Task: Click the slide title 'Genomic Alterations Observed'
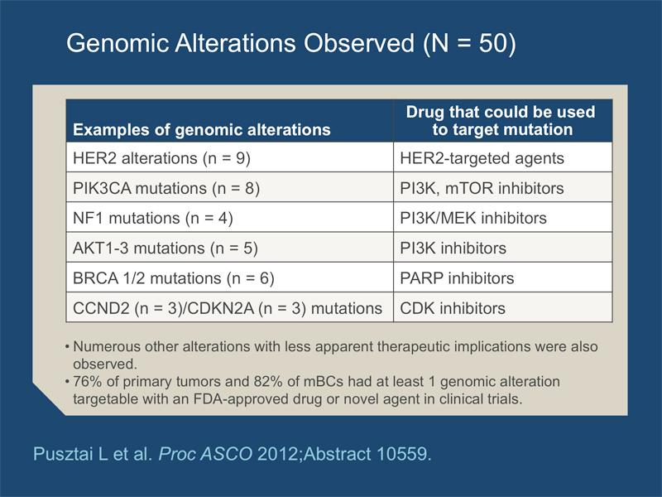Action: [240, 43]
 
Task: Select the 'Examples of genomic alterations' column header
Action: [202, 130]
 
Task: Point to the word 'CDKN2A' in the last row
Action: [221, 308]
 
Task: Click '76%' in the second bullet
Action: [88, 381]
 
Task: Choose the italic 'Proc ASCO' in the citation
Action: [205, 454]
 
